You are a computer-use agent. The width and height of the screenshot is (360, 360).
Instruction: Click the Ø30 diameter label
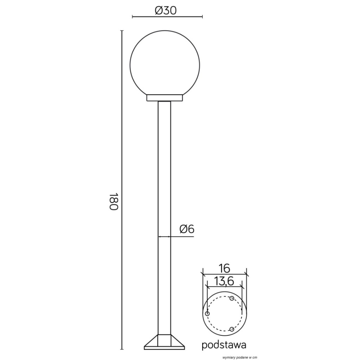[x=166, y=10]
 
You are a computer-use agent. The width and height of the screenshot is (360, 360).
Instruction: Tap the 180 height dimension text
[x=114, y=201]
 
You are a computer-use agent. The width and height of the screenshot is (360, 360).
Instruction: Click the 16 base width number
[x=224, y=268]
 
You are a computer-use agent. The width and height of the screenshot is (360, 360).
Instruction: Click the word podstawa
[x=224, y=345]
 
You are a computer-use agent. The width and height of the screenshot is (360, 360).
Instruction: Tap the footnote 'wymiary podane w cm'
[x=240, y=358]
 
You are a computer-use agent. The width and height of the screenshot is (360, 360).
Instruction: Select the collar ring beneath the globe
[x=165, y=98]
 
